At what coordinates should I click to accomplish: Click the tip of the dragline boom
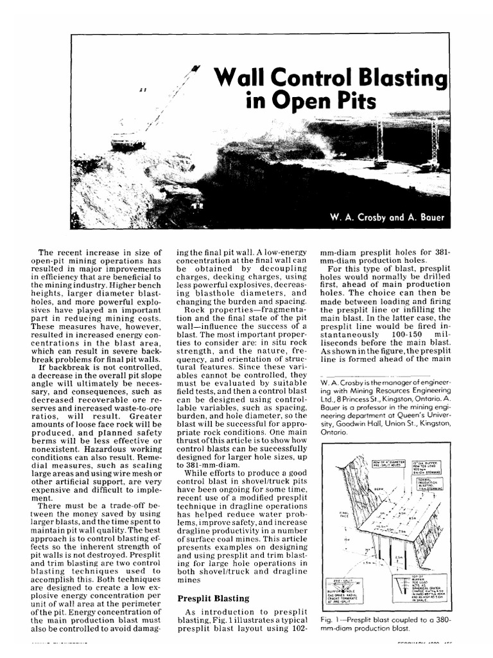click(195, 67)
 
